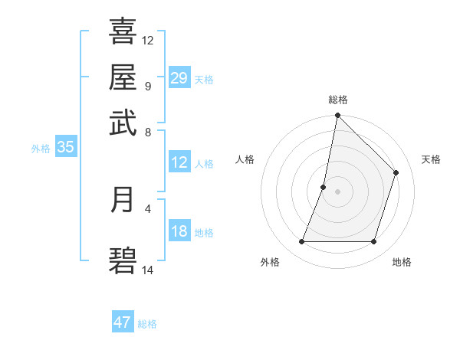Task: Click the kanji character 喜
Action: (x=123, y=31)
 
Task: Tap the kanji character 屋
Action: (x=123, y=77)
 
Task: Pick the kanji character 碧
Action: (x=123, y=261)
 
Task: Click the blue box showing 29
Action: (x=179, y=78)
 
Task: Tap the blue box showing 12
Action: (x=179, y=162)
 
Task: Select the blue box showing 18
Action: (x=179, y=232)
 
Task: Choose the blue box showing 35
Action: (x=65, y=148)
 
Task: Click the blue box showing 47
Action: (x=123, y=322)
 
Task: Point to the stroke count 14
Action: (x=148, y=270)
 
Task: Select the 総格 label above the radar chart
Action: (x=338, y=100)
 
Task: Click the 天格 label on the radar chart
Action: (x=431, y=159)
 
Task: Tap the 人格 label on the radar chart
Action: (x=245, y=159)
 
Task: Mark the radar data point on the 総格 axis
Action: (x=337, y=116)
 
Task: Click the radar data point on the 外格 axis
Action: (x=301, y=242)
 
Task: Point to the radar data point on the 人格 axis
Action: (x=324, y=187)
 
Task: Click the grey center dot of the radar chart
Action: (x=337, y=191)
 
